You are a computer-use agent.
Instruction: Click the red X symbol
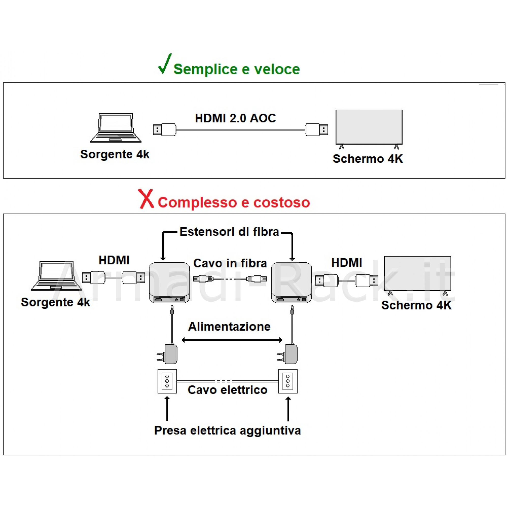click(146, 199)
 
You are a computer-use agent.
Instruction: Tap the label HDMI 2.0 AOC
click(235, 118)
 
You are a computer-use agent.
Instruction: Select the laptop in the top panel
click(116, 128)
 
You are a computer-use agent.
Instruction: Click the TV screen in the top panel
click(369, 127)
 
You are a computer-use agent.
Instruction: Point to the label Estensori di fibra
click(229, 232)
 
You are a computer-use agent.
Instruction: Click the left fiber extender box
click(169, 282)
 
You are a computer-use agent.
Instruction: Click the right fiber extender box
click(291, 282)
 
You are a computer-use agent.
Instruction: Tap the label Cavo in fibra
click(230, 263)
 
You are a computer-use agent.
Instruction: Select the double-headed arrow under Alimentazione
click(232, 340)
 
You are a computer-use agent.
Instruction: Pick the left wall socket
click(167, 381)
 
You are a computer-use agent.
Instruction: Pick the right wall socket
click(288, 381)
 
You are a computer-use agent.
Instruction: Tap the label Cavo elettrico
click(227, 390)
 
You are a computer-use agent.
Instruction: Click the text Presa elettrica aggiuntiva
click(227, 431)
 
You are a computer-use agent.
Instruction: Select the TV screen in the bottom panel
click(418, 274)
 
